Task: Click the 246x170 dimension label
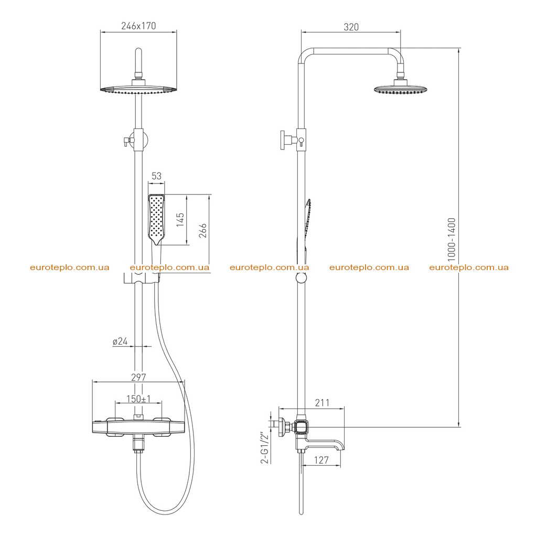[x=138, y=26]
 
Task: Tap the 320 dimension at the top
[x=351, y=27]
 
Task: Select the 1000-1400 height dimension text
[x=452, y=239]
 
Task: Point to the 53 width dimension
[x=156, y=176]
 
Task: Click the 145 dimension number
[x=180, y=220]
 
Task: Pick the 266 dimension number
[x=203, y=231]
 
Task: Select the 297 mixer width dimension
[x=138, y=377]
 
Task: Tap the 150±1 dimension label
[x=138, y=399]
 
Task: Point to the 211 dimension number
[x=323, y=403]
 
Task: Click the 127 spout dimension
[x=321, y=460]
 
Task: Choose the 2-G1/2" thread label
[x=265, y=447]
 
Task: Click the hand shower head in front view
[x=156, y=220]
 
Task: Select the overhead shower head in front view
[x=138, y=88]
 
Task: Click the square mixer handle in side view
[x=302, y=427]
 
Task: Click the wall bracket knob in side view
[x=284, y=140]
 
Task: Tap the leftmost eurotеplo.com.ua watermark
[x=70, y=267]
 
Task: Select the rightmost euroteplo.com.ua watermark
[x=469, y=267]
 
